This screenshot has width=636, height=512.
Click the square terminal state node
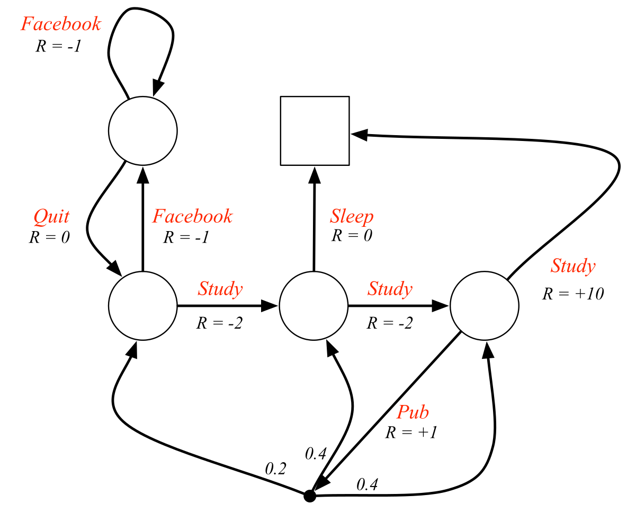[x=315, y=131]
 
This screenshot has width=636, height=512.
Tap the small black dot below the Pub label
[x=310, y=496]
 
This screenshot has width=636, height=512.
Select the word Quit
[x=51, y=216]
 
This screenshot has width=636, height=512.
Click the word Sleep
[x=352, y=216]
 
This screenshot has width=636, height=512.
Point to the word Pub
[x=413, y=412]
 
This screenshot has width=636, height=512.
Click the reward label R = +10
[x=572, y=293]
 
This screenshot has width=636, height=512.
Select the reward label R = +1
[x=411, y=432]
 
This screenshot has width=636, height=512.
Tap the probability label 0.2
[x=275, y=468]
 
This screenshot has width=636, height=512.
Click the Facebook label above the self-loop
[x=60, y=24]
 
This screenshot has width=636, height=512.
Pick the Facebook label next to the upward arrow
[x=192, y=216]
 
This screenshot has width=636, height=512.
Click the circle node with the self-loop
[x=142, y=131]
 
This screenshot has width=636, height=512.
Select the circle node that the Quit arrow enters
[x=142, y=306]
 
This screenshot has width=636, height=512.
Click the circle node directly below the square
[x=313, y=306]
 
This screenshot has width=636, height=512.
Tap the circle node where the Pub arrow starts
[x=484, y=306]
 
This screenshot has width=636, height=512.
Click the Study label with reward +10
[x=572, y=266]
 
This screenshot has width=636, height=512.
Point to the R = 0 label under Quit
[x=49, y=237]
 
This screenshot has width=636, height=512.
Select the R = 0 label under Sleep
[x=352, y=235]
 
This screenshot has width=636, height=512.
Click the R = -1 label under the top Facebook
[x=58, y=46]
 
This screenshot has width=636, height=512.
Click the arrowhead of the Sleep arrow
[x=315, y=173]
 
